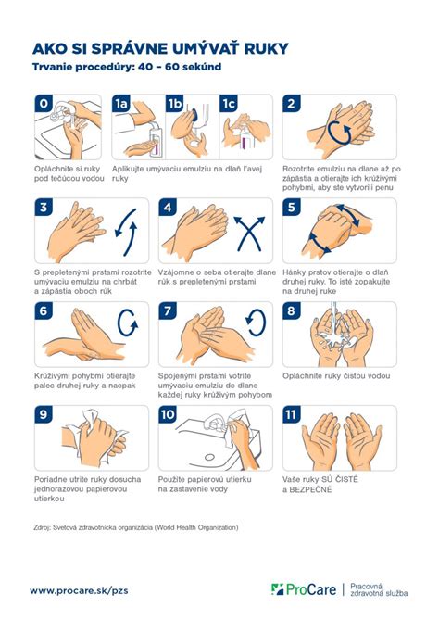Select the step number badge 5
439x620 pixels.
coord(292,209)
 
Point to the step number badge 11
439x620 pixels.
coord(292,416)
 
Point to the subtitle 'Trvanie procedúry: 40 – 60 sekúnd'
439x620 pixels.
coord(126,68)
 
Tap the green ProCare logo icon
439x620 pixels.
coord(277,589)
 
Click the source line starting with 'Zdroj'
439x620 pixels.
coord(135,527)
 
